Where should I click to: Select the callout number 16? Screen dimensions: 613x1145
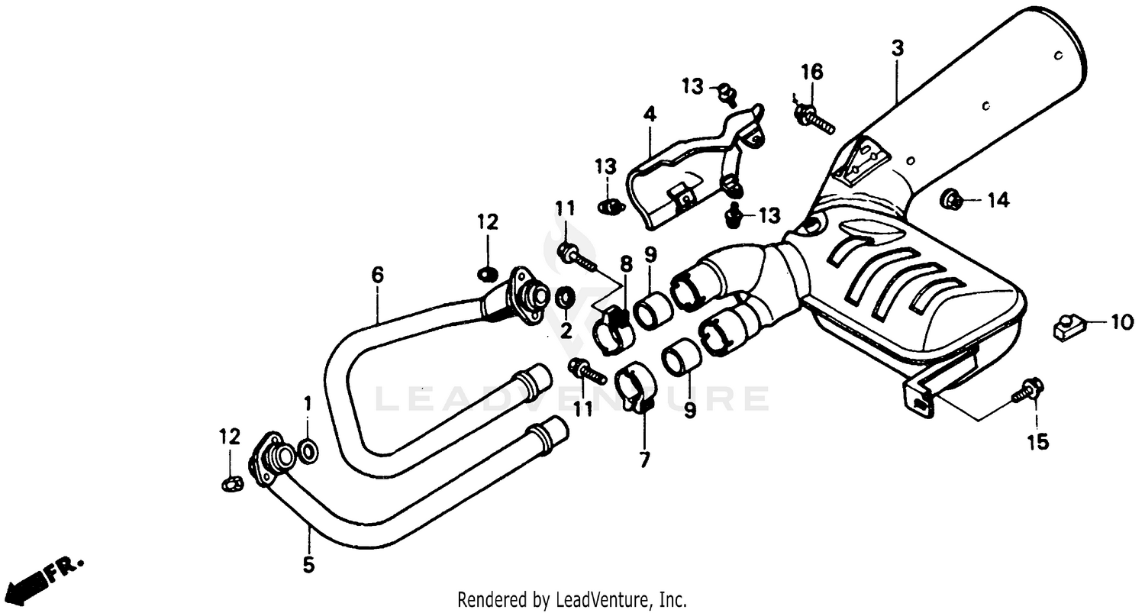[x=811, y=73]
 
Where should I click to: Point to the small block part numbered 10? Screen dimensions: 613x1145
[x=1067, y=326]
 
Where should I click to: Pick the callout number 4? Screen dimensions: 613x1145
[x=649, y=115]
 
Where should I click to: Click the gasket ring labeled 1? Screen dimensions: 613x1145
[x=308, y=451]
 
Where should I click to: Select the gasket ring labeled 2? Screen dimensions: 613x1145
[x=566, y=298]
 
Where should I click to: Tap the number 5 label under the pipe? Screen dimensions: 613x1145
[x=308, y=566]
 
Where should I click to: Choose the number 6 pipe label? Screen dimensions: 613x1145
[x=378, y=274]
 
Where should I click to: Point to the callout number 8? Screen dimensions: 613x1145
[x=626, y=264]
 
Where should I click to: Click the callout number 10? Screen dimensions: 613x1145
[x=1122, y=323]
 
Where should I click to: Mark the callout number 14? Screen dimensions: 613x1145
[x=998, y=200]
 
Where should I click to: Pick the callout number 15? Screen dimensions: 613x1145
[x=1037, y=441]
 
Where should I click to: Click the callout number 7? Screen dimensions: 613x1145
[x=644, y=460]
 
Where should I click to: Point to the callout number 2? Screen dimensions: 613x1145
[x=566, y=331]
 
